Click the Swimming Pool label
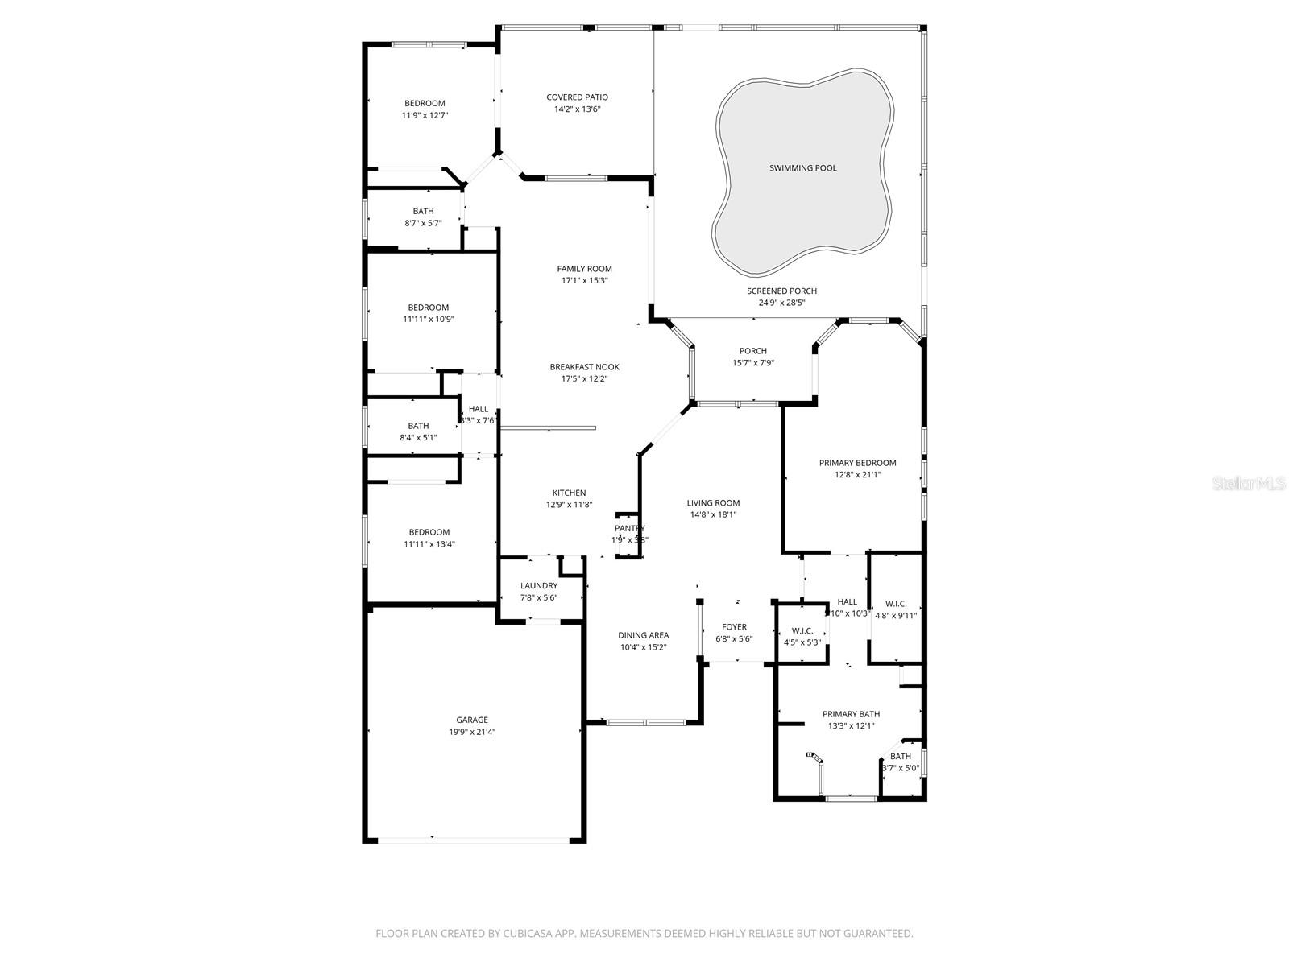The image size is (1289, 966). click(802, 168)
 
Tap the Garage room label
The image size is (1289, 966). click(472, 720)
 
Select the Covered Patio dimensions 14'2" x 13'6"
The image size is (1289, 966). click(577, 109)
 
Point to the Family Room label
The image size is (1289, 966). click(584, 269)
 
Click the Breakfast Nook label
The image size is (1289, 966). click(584, 367)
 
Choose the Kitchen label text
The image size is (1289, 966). click(569, 493)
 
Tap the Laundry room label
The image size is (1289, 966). click(539, 586)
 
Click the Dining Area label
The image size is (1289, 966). click(643, 635)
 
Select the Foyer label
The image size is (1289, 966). click(734, 627)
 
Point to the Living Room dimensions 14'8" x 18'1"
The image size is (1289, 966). click(713, 515)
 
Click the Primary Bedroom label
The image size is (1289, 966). click(857, 463)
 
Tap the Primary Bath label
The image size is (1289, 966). click(851, 714)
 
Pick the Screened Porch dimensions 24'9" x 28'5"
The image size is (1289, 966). click(781, 303)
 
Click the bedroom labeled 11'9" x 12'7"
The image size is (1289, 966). click(425, 109)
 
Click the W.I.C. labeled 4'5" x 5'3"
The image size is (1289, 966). click(802, 637)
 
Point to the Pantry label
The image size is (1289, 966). click(630, 529)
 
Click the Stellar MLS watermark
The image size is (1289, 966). click(1249, 483)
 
